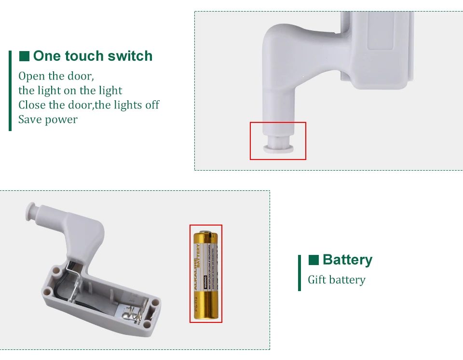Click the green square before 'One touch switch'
tap(24, 56)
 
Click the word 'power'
tap(61, 120)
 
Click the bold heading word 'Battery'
tap(347, 260)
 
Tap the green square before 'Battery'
tap(313, 260)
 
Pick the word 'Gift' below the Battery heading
tap(317, 280)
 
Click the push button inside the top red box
tap(278, 147)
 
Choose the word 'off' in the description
tap(151, 105)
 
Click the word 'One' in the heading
tap(47, 56)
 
